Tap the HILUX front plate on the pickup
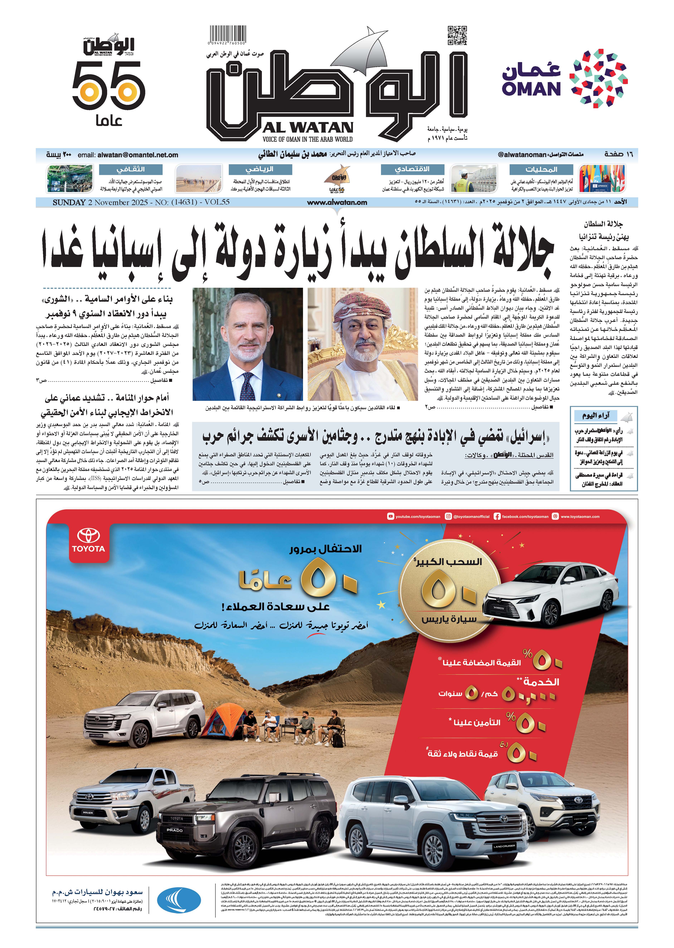88,812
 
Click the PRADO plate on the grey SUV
175,830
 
